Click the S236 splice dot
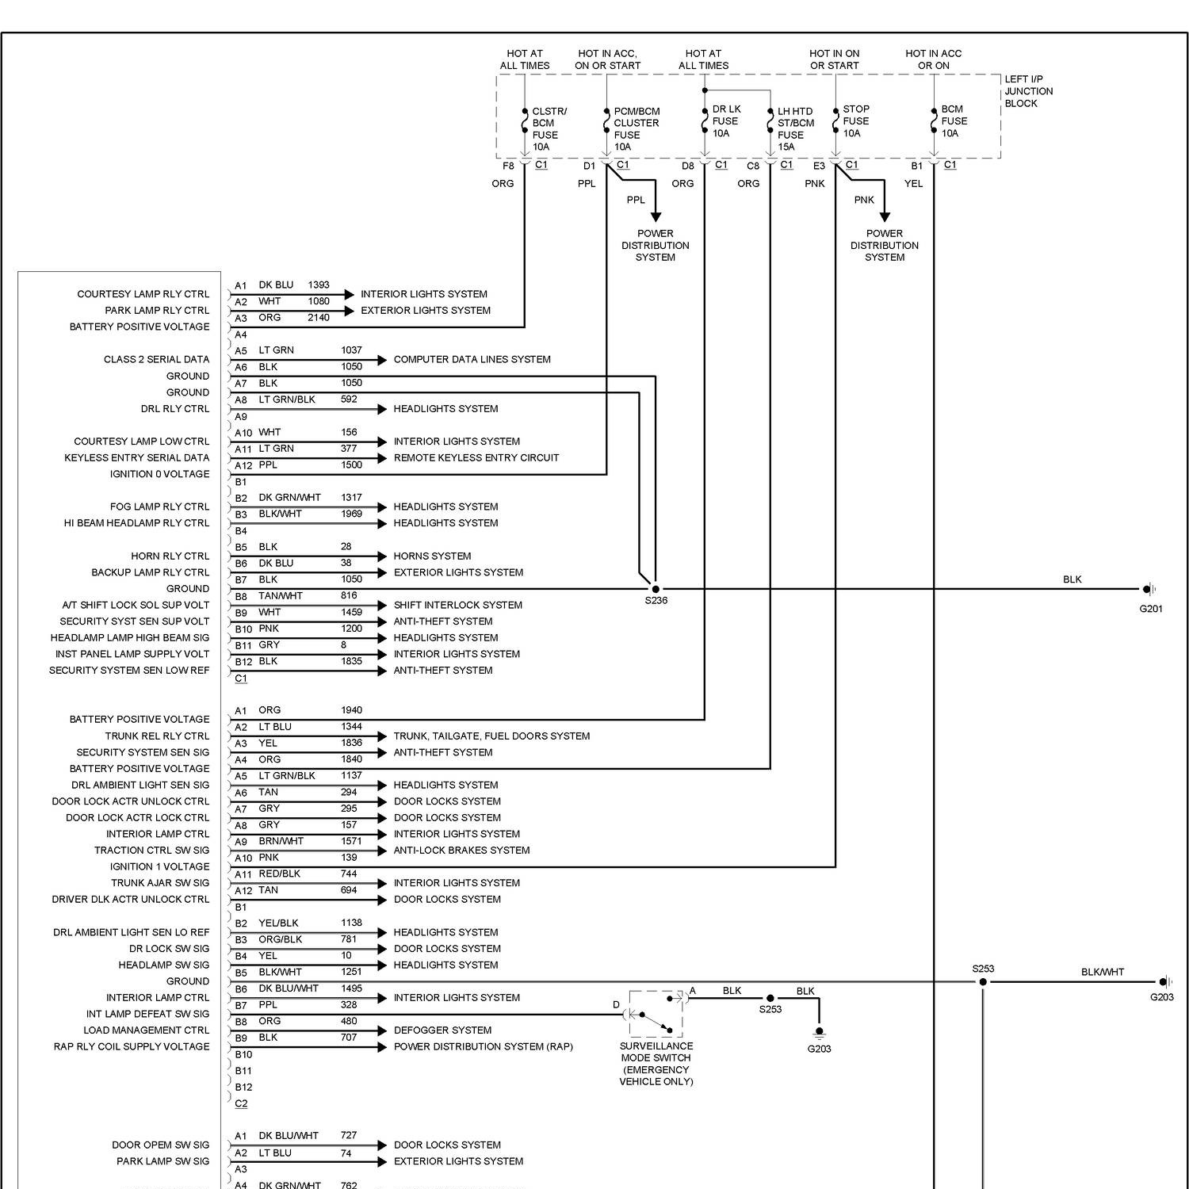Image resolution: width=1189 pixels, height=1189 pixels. point(655,589)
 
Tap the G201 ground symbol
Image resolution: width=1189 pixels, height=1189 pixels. point(1148,589)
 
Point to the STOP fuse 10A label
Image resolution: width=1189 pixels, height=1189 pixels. point(855,121)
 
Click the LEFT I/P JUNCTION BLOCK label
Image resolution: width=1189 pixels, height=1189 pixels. point(1028,91)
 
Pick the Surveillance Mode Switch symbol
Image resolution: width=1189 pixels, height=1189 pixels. point(656,1014)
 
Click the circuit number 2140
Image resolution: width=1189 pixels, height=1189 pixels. point(319,318)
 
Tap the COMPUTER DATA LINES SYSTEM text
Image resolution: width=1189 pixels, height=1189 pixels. point(472,360)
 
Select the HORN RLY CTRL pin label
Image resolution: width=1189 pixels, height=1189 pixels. point(170,556)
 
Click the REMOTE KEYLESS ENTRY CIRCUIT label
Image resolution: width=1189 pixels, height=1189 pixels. point(476,458)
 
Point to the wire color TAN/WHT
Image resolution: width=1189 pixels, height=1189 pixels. point(281,596)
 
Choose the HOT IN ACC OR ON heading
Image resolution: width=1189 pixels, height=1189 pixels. point(933,59)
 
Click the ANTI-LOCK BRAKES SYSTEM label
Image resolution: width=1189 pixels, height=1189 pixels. point(461,851)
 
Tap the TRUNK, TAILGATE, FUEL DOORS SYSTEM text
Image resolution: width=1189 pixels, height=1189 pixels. point(491,736)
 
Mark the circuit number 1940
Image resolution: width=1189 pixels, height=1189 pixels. point(351,710)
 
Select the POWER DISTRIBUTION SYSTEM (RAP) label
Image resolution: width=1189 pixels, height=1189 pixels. point(483,1047)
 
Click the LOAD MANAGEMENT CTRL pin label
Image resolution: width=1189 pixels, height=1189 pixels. point(146,1030)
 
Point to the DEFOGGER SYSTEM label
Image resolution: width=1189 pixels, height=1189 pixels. point(442,1030)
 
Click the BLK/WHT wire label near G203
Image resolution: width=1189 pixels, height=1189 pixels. point(1102,972)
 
